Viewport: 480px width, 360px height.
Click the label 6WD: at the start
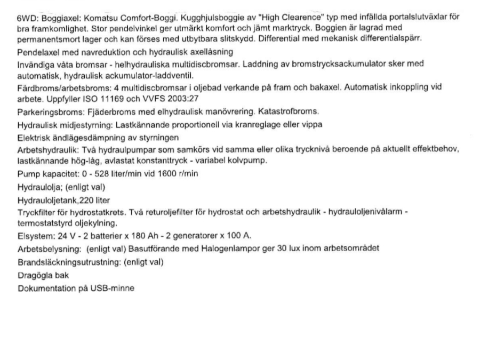(x=27, y=18)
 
